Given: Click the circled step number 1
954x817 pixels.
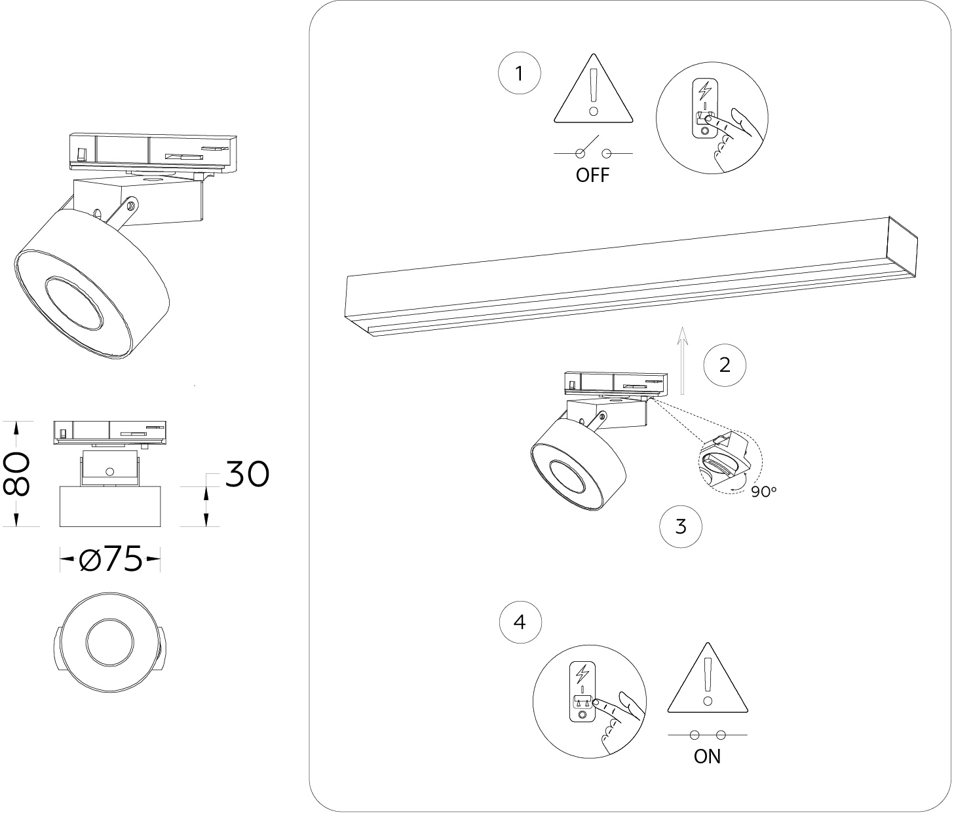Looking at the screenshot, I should click(x=520, y=74).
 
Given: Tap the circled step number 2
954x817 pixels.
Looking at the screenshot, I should click(x=725, y=365).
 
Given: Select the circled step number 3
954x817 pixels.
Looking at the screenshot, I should click(x=681, y=526).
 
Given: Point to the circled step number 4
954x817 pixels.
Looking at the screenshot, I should click(x=520, y=621).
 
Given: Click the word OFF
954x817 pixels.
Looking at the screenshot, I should click(x=592, y=175).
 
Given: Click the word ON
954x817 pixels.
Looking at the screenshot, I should click(x=707, y=757).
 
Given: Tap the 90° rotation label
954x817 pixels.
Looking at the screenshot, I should click(x=763, y=491).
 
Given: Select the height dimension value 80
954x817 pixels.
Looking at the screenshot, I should click(x=18, y=473).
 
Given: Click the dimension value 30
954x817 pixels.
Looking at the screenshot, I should click(x=247, y=474).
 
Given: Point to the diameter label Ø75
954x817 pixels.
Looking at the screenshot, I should click(x=110, y=559).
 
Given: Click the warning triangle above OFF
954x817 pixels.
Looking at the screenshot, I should click(x=594, y=92).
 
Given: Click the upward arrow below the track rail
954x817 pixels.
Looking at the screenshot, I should click(x=682, y=360).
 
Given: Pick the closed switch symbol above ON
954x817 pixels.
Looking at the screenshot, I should click(x=708, y=735).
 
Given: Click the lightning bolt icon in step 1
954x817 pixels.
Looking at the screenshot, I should click(x=705, y=90).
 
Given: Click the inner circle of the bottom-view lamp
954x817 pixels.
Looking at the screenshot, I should click(x=109, y=644).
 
